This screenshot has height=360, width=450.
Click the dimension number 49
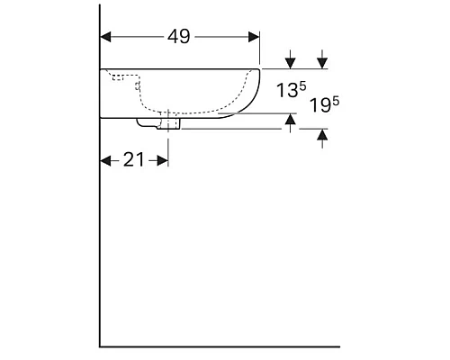tap(178, 37)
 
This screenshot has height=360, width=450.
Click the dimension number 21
tap(134, 159)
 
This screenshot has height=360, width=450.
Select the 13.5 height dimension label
tap(291, 90)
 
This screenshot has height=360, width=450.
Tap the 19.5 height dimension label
tap(324, 104)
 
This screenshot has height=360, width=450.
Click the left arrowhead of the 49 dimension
tap(105, 37)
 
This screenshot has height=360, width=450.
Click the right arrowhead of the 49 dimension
tap(254, 37)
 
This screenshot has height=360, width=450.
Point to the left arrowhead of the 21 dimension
tap(105, 161)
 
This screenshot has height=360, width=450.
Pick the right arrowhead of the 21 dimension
tap(163, 161)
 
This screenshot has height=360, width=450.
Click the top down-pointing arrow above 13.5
tap(290, 59)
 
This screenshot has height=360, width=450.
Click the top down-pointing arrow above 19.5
tap(322, 59)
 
